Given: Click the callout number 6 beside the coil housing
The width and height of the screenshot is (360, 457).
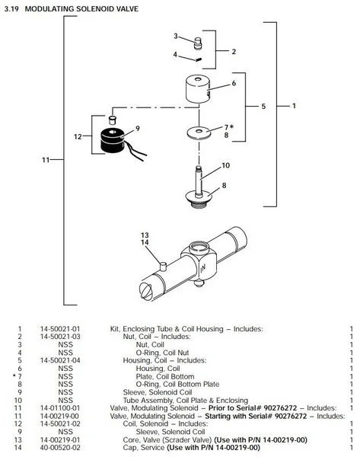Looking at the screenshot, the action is tap(234, 83).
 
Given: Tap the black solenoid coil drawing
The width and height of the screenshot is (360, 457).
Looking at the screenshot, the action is tap(113, 141).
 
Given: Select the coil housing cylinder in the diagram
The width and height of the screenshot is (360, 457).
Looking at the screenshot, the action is tap(198, 89).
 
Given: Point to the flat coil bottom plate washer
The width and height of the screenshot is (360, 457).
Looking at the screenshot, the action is tap(199, 133).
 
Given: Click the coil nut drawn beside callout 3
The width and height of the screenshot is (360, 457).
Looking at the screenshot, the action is tap(198, 43).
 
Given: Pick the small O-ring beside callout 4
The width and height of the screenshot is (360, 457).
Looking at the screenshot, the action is tap(199, 59).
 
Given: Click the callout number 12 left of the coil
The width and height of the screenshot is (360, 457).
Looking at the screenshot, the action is tap(78, 136).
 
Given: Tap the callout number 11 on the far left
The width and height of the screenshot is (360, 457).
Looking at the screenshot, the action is tap(46, 160).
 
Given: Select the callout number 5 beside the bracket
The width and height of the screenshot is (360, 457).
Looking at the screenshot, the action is tap(263, 106).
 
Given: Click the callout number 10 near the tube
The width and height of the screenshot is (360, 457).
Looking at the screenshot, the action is tap(226, 165).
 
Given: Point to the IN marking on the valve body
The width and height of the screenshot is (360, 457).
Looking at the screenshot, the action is tap(203, 267).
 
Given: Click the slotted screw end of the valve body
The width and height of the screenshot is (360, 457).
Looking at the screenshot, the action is tap(146, 292).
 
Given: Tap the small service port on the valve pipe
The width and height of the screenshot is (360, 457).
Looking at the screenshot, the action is tap(164, 267).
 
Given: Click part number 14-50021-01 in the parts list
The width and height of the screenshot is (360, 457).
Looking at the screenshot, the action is tap(60, 329).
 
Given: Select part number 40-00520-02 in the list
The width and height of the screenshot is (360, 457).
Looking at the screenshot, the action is tap(60, 447).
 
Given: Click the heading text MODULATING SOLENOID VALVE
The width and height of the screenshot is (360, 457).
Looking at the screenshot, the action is tap(81, 9).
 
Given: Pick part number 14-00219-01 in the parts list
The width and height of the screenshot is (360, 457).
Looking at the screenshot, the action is tap(60, 439).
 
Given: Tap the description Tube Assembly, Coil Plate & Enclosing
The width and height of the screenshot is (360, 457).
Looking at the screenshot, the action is tap(186, 400).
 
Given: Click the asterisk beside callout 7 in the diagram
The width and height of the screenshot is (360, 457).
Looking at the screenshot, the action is tap(231, 126).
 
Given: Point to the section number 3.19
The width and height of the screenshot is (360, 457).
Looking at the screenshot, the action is tap(11, 9).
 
